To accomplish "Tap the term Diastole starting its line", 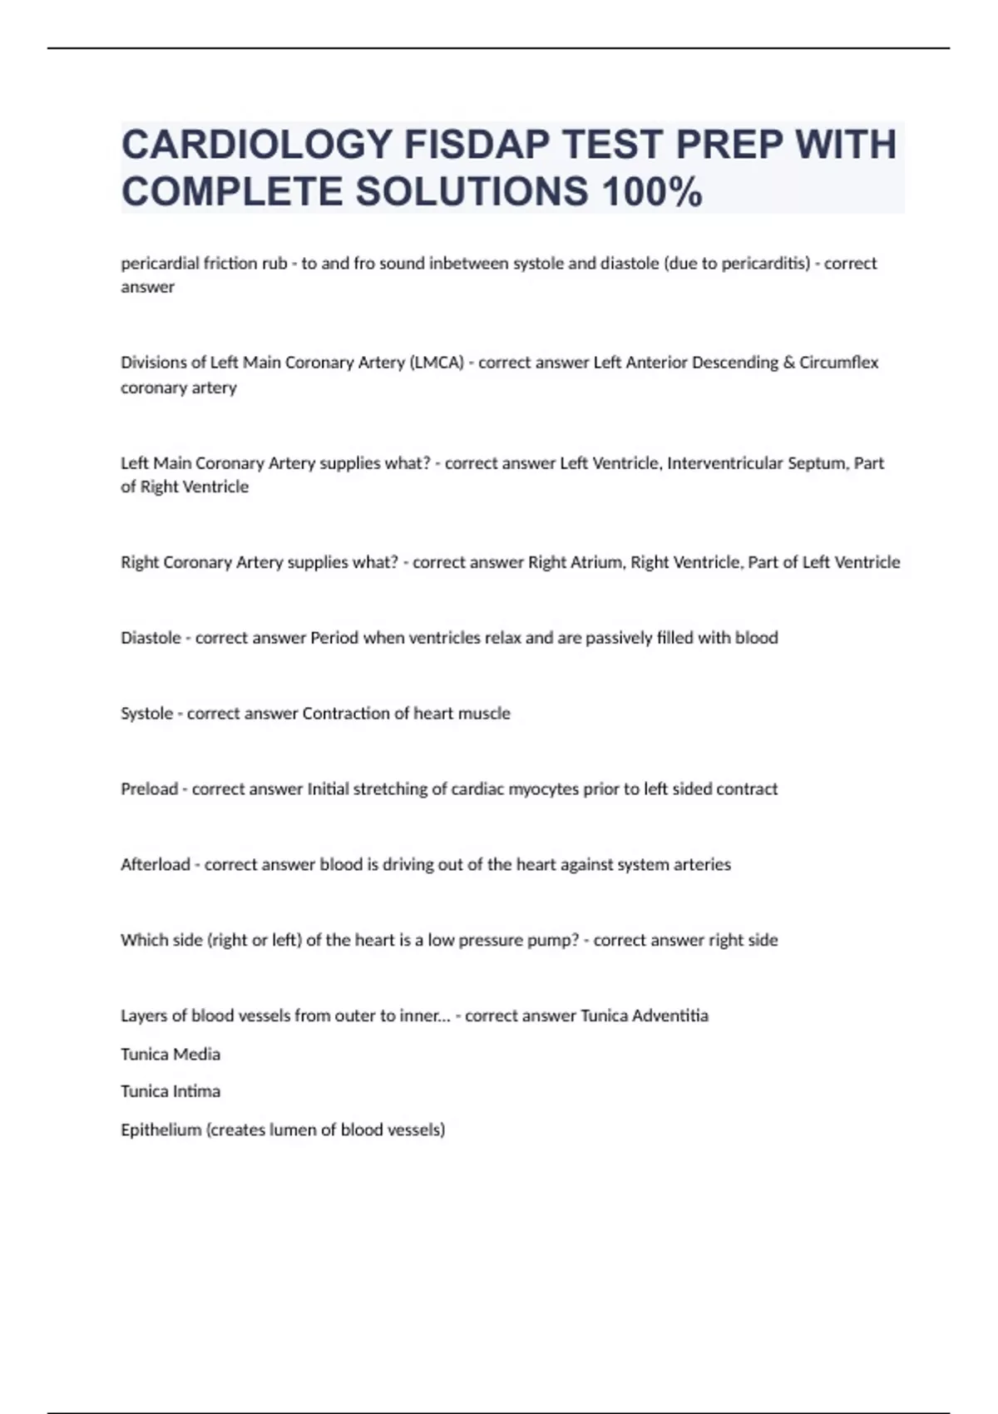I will (x=150, y=638).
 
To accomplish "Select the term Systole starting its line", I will (x=146, y=714).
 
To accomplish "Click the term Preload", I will (x=149, y=789).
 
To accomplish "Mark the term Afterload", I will (x=155, y=865).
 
